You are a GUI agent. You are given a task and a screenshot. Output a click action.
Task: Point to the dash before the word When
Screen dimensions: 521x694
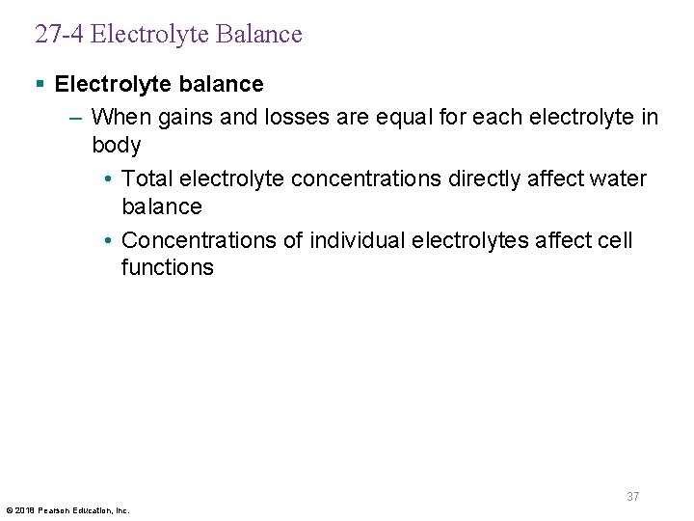[76, 118]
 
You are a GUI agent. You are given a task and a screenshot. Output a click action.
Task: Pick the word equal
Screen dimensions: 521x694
[407, 118]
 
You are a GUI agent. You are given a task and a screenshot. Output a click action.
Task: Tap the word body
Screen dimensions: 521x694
[116, 146]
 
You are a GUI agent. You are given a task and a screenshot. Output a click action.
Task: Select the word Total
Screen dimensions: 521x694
[147, 179]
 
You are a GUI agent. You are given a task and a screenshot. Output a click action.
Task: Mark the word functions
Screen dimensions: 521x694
[167, 267]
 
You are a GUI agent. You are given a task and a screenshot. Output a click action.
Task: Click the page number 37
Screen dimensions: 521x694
[632, 497]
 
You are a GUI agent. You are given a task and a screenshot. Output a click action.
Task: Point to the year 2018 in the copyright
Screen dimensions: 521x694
[23, 510]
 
